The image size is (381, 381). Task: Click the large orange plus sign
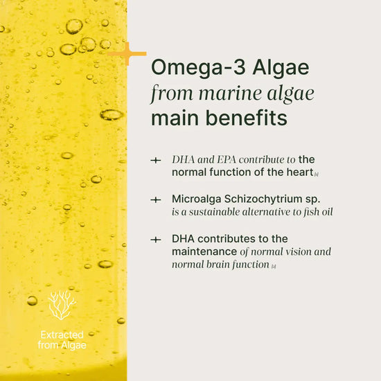click(127, 54)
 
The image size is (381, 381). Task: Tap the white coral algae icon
click(62, 305)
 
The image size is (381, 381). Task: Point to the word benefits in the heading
click(246, 118)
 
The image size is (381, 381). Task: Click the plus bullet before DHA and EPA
click(156, 161)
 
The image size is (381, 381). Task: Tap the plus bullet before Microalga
click(156, 200)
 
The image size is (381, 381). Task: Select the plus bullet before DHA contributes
click(156, 240)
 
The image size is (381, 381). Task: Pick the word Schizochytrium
click(263, 200)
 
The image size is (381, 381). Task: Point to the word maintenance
click(204, 251)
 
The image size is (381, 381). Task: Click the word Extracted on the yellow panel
click(62, 335)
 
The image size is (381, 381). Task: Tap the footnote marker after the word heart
click(316, 175)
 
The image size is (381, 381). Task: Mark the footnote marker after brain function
click(274, 267)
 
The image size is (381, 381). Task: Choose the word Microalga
click(197, 199)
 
